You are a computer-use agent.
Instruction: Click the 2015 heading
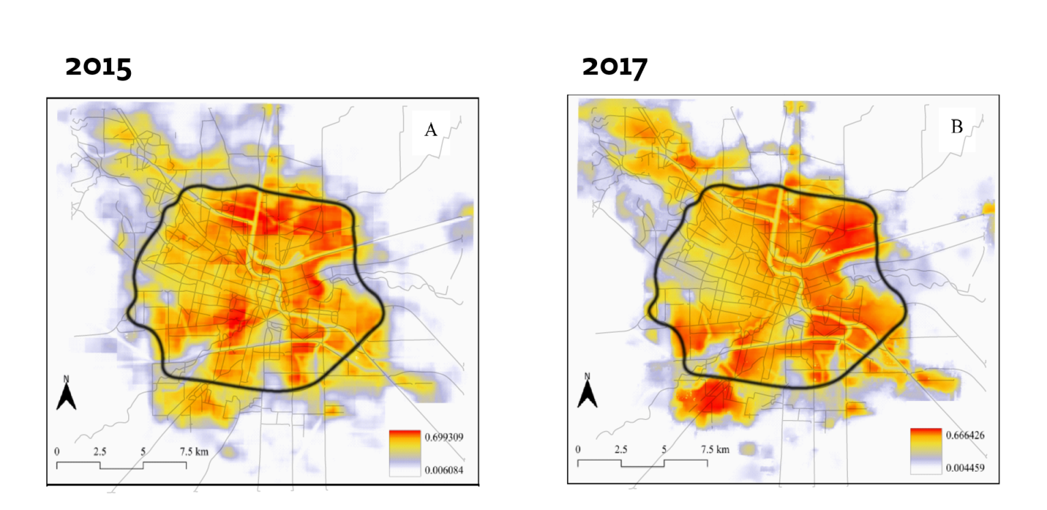pyautogui.click(x=98, y=67)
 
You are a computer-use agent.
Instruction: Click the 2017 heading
pyautogui.click(x=615, y=67)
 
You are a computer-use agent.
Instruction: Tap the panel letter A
pyautogui.click(x=431, y=130)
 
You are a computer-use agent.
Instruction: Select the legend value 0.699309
pyautogui.click(x=444, y=437)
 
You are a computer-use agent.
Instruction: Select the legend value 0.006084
pyautogui.click(x=444, y=470)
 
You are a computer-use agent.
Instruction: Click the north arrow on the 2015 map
pyautogui.click(x=66, y=395)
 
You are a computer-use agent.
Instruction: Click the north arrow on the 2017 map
pyautogui.click(x=588, y=391)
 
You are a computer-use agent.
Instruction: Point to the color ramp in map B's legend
pyautogui.click(x=926, y=451)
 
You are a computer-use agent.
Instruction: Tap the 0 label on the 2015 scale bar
pyautogui.click(x=57, y=451)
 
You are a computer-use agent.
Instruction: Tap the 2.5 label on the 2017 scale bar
pyautogui.click(x=620, y=449)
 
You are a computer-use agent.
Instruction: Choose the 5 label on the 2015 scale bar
pyautogui.click(x=143, y=451)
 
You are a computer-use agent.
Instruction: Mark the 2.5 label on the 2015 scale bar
pyautogui.click(x=100, y=451)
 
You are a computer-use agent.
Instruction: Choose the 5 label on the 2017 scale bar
pyautogui.click(x=664, y=449)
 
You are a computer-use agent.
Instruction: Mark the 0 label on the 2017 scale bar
pyautogui.click(x=578, y=449)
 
